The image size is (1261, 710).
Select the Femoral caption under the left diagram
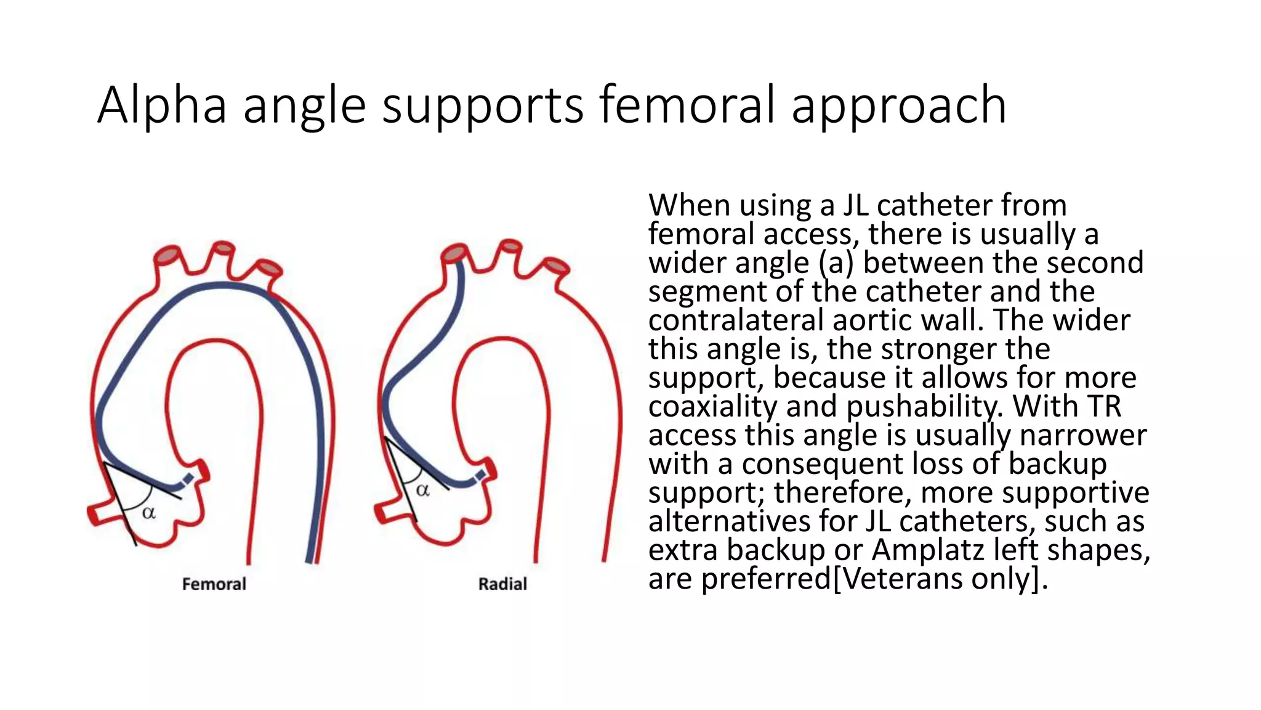[x=214, y=584]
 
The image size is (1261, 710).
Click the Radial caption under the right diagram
[x=502, y=584]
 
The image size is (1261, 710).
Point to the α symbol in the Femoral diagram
[x=148, y=513]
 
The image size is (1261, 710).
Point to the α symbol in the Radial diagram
[x=422, y=491]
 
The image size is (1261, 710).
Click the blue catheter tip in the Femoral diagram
[x=188, y=479]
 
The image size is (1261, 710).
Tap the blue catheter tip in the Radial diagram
[x=480, y=475]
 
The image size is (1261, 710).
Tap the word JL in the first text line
[x=856, y=206]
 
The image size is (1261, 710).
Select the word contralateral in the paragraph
[x=736, y=320]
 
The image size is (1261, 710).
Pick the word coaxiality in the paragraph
[x=712, y=407]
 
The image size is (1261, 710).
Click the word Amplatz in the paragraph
[x=929, y=550]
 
